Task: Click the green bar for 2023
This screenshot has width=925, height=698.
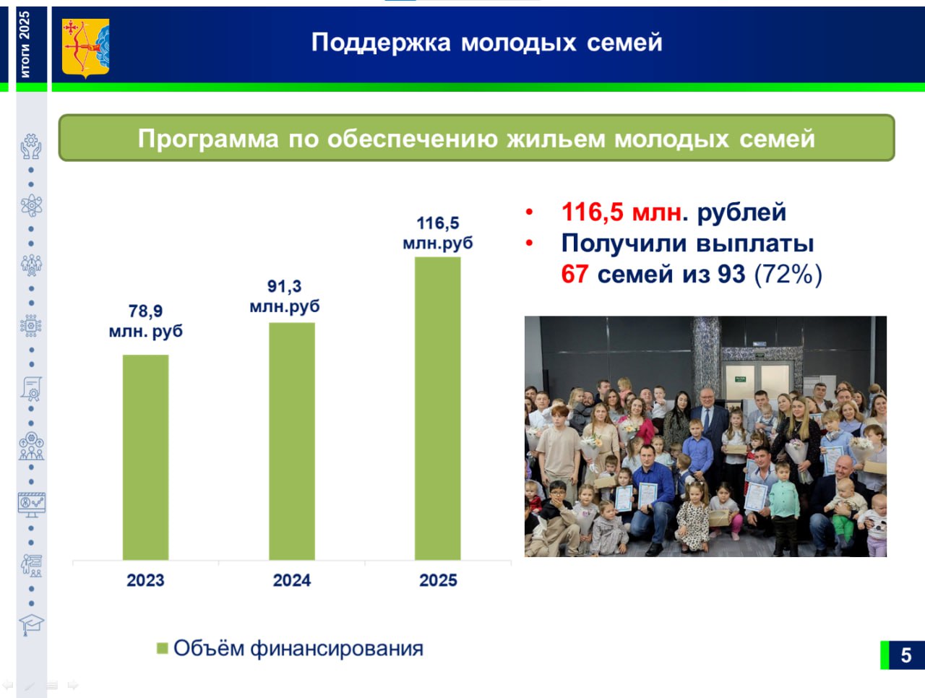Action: pos(145,457)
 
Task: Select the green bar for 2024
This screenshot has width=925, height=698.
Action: pos(292,441)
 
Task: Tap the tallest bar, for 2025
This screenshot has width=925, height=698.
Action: pos(437,408)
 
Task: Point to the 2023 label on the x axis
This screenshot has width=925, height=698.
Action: pos(145,580)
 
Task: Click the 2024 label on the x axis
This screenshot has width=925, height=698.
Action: pos(292,580)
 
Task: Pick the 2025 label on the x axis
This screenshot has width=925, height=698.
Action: pos(438,580)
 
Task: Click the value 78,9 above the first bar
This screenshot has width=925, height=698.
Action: pos(145,311)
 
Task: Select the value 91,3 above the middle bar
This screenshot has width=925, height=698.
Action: pos(285,286)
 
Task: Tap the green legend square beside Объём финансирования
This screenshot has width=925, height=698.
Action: pos(163,648)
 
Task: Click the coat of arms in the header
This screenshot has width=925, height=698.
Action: pos(85,48)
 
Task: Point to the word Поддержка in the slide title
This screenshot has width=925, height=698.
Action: pos(381,43)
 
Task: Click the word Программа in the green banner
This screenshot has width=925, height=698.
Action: pos(208,139)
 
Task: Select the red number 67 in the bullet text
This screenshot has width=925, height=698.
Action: pos(575,275)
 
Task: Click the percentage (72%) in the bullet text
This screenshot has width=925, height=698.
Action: pos(788,275)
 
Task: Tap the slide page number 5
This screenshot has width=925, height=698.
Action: pos(906,655)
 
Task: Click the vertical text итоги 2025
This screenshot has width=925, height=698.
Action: pos(25,44)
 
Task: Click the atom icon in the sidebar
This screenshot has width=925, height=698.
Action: pos(31,205)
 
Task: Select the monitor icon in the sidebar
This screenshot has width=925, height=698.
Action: pos(32,504)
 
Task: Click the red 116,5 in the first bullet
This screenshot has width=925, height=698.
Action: pos(592,212)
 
